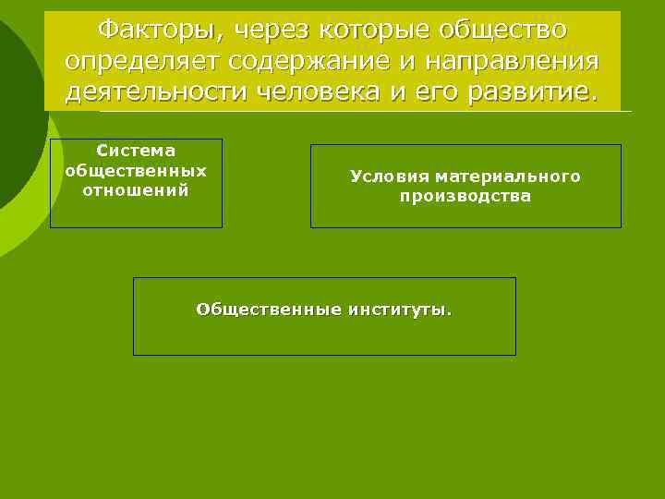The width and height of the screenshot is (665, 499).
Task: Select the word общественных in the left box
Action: (136, 171)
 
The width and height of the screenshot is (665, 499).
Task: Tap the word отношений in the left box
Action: (136, 190)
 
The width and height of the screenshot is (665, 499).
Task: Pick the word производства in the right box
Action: (465, 197)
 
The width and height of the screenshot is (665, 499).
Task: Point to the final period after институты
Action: (450, 312)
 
